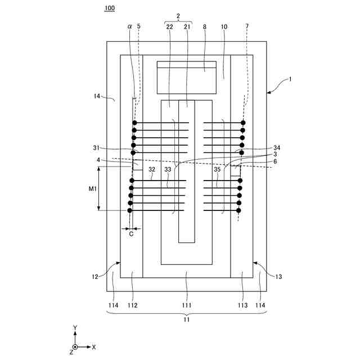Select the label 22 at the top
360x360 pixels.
pyautogui.click(x=169, y=26)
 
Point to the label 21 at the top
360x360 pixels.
pyautogui.click(x=187, y=26)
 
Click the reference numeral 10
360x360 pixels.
pyautogui.click(x=224, y=26)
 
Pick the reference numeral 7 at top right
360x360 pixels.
pyautogui.click(x=246, y=26)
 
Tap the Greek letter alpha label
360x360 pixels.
pyautogui.click(x=129, y=26)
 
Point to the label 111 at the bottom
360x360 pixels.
pyautogui.click(x=186, y=305)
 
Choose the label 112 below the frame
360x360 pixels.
pyautogui.click(x=132, y=305)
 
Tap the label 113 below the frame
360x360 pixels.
pyautogui.click(x=242, y=305)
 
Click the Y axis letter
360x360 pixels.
pyautogui.click(x=75, y=327)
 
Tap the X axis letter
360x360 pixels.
pyautogui.click(x=94, y=347)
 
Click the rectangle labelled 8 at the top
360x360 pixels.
pyautogui.click(x=186, y=78)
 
